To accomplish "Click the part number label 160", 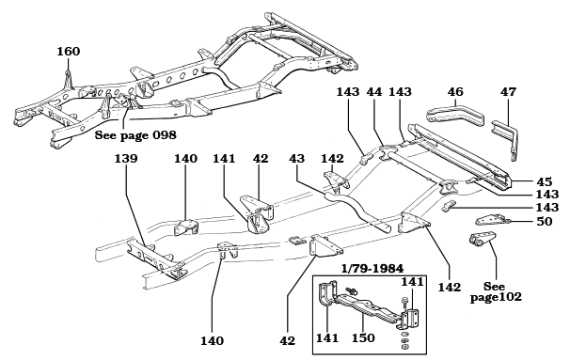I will coord(69,51).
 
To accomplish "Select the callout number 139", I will coord(126,160).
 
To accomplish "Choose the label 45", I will coord(543,181).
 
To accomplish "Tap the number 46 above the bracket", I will coord(455,92).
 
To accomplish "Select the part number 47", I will coord(508,92).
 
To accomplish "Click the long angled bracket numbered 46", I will coord(456,119).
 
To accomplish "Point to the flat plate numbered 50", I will coord(486,221).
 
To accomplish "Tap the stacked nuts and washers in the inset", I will coord(404,337).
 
